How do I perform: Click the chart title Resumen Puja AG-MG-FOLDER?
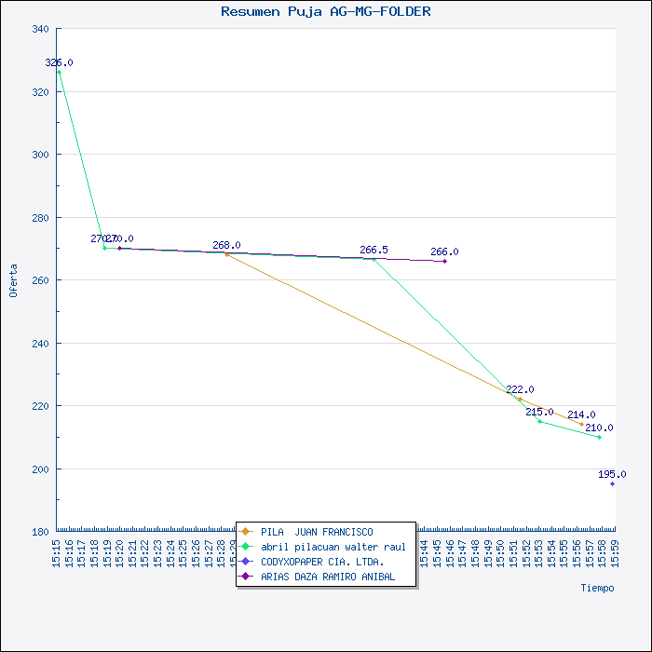click(325, 12)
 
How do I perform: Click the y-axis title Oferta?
click(13, 279)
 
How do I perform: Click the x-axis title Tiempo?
click(597, 588)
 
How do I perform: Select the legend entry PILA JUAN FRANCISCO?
click(317, 532)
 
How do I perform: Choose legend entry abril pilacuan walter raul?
click(333, 547)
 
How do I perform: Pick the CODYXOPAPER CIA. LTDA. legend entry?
click(322, 562)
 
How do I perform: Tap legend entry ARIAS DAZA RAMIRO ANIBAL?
click(328, 577)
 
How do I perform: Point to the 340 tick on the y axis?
click(40, 29)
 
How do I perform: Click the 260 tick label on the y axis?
click(40, 280)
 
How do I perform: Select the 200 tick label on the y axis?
click(40, 469)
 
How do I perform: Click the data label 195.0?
click(612, 474)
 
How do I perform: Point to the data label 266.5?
click(374, 250)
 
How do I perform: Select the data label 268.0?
click(226, 245)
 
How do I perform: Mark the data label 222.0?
click(520, 389)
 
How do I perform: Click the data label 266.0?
click(444, 251)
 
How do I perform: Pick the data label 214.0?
click(581, 414)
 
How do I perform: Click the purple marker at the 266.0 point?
click(444, 262)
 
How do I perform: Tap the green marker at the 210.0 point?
click(599, 437)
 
